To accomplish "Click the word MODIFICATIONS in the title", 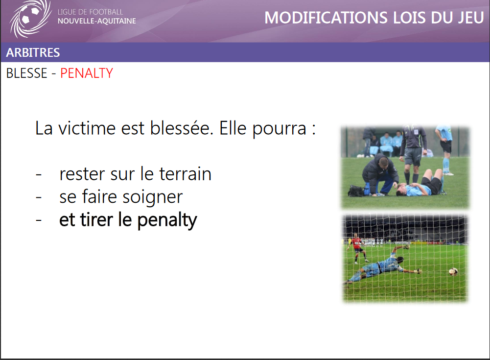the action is pyautogui.click(x=327, y=18).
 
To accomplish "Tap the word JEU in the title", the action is pyautogui.click(x=470, y=18).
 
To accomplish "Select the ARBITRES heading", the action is pyautogui.click(x=33, y=52).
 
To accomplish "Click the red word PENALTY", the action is pyautogui.click(x=87, y=73).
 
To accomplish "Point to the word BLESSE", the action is pyautogui.click(x=26, y=73).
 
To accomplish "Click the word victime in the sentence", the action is pyautogui.click(x=87, y=128).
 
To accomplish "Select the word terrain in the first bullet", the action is pyautogui.click(x=186, y=174).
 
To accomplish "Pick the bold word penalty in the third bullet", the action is pyautogui.click(x=167, y=220).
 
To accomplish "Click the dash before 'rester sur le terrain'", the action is pyautogui.click(x=39, y=174).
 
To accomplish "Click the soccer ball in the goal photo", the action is pyautogui.click(x=453, y=271).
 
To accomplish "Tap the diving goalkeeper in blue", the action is pyautogui.click(x=383, y=265).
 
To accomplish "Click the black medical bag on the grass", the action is pyautogui.click(x=356, y=191).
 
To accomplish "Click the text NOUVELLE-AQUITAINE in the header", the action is pyautogui.click(x=97, y=21).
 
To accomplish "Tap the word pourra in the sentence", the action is pyautogui.click(x=280, y=128).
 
